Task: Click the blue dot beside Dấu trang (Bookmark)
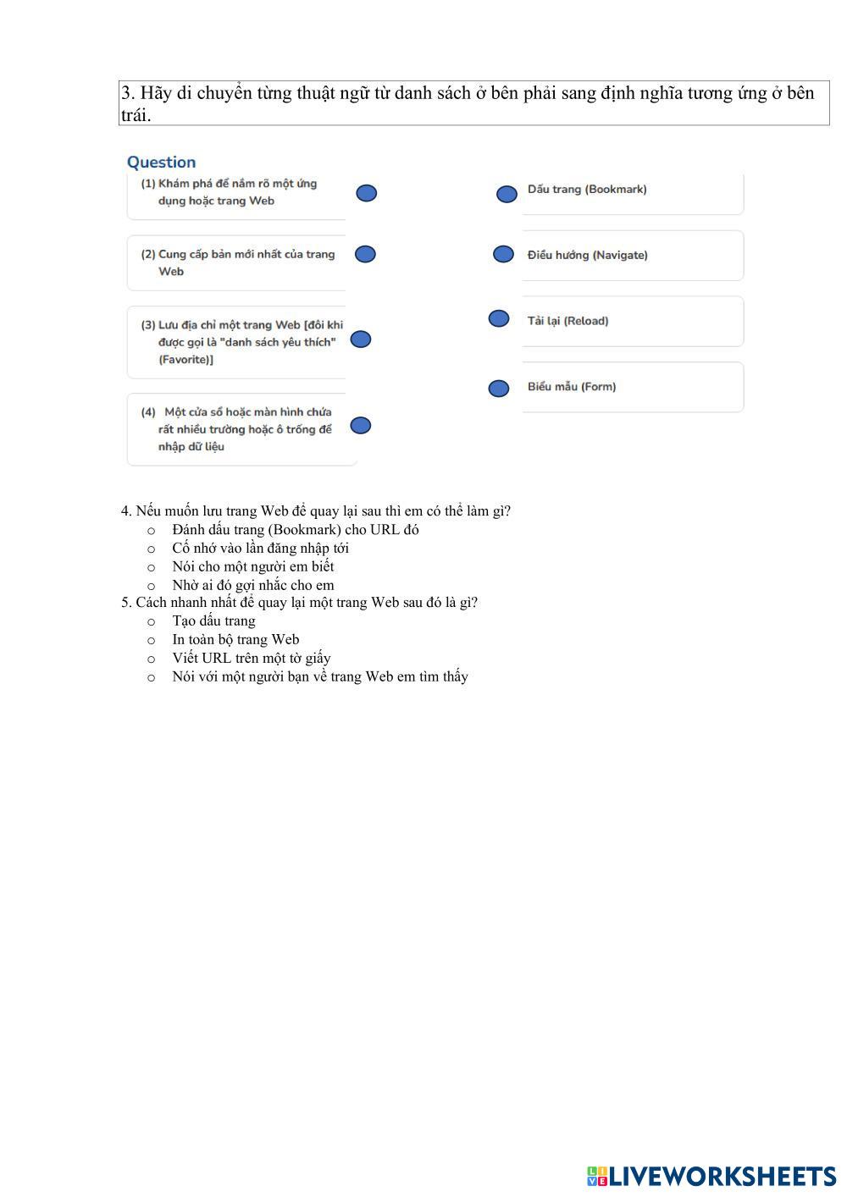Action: tap(507, 194)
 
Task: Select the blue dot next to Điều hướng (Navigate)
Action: tap(503, 254)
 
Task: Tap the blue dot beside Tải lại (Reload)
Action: tap(499, 318)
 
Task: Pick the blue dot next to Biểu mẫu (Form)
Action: tap(499, 388)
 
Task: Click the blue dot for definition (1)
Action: tap(366, 193)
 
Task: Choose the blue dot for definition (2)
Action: tap(365, 253)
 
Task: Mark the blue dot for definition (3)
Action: tap(361, 339)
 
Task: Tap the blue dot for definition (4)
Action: tap(361, 425)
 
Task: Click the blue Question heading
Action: tap(161, 163)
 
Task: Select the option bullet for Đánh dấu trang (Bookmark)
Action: tap(152, 531)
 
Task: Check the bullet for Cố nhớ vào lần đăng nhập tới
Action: tap(152, 549)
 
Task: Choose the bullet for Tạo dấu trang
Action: tap(152, 622)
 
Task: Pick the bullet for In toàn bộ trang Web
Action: tap(152, 641)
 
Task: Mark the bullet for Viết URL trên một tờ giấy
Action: tap(152, 659)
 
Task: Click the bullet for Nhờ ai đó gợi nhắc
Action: tap(152, 586)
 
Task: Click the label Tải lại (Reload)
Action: tap(567, 321)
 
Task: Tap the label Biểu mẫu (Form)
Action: tap(572, 387)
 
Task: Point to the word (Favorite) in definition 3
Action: tap(185, 360)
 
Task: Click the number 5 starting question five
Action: tap(125, 603)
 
